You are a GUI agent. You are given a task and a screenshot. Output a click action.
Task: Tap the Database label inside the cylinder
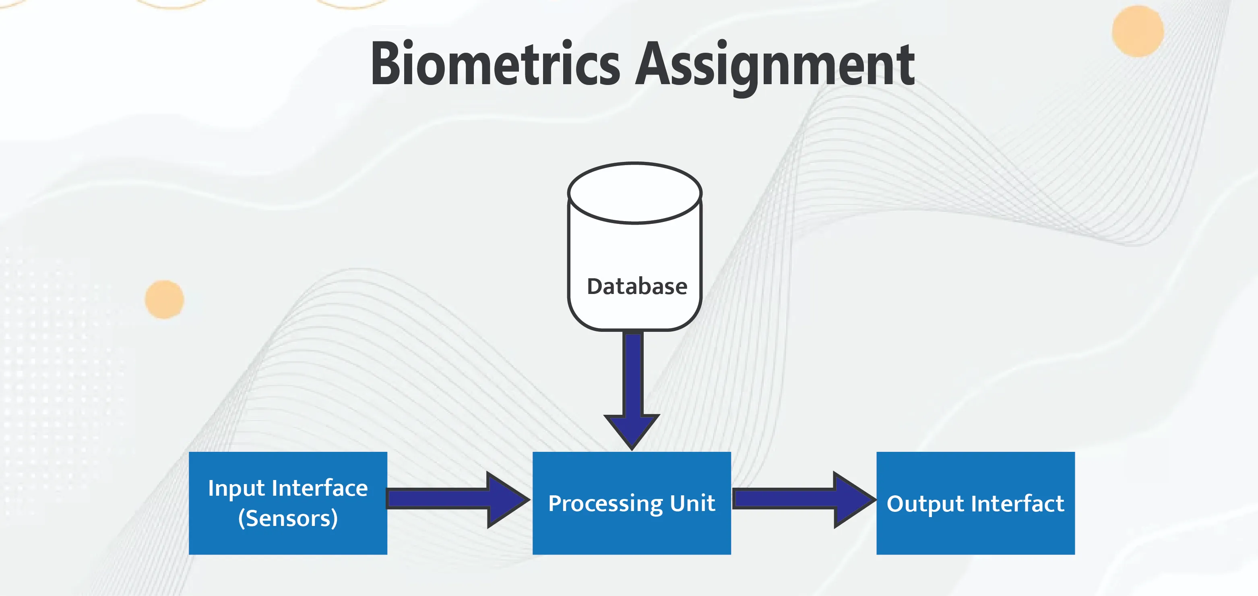point(637,286)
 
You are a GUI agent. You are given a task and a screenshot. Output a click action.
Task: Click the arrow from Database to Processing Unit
point(632,390)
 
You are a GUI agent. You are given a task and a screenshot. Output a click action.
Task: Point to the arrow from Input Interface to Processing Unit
point(458,499)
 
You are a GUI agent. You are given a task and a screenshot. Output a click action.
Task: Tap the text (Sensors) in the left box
point(288,518)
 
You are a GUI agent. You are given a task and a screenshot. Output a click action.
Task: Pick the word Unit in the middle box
point(692,503)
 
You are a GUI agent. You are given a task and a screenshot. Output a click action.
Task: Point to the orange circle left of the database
point(165,300)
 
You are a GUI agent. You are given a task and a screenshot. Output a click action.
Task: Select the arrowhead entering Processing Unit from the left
point(509,499)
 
